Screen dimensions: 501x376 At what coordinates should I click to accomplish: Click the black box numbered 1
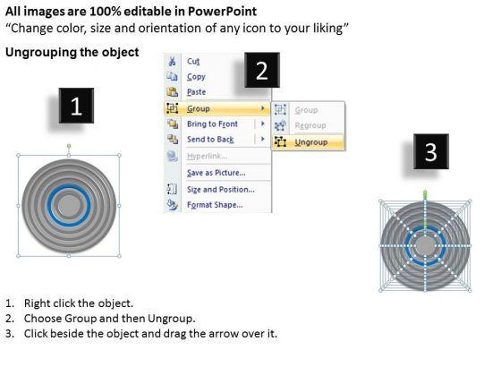click(x=76, y=106)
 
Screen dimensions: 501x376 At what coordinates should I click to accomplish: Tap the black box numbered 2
click(x=262, y=70)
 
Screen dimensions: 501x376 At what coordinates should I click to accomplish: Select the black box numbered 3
click(x=431, y=151)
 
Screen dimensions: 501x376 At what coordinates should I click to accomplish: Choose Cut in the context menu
click(x=193, y=61)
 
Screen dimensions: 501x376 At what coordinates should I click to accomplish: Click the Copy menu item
click(x=196, y=77)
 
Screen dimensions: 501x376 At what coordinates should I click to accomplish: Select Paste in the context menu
click(x=197, y=92)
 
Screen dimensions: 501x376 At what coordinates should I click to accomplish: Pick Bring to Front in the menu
click(x=213, y=124)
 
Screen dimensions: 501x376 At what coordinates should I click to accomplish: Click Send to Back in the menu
click(x=210, y=140)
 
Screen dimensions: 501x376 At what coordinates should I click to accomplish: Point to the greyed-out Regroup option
click(x=310, y=125)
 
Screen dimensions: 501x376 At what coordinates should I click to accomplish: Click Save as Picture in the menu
click(x=217, y=173)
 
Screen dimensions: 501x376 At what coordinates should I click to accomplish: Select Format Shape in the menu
click(x=215, y=205)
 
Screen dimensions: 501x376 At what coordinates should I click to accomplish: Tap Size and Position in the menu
click(x=221, y=190)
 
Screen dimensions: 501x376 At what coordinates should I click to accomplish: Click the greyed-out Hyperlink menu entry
click(x=208, y=156)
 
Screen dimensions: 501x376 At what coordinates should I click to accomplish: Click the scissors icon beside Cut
click(x=172, y=61)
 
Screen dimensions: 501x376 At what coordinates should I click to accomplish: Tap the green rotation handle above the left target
click(x=69, y=146)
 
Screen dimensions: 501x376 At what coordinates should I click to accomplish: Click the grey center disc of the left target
click(x=69, y=206)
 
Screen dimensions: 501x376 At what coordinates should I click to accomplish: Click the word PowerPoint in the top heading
click(x=222, y=12)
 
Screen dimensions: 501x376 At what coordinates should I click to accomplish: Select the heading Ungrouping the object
click(x=72, y=52)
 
